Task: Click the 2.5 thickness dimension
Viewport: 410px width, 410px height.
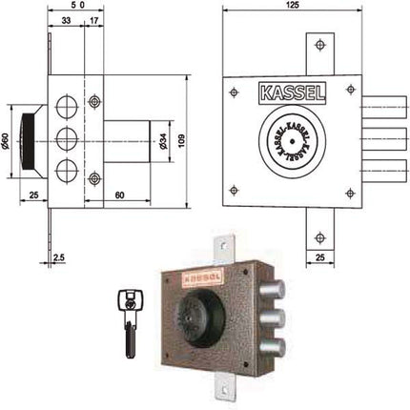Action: coord(58,256)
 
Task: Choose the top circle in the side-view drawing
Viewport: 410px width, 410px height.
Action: coord(68,105)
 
